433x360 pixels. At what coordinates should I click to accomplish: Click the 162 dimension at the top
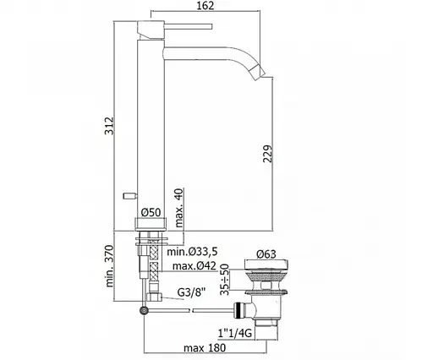(205, 6)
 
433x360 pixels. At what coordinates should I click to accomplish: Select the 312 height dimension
(109, 126)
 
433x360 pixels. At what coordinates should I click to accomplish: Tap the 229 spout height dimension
(268, 154)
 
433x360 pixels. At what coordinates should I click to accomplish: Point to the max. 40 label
(179, 208)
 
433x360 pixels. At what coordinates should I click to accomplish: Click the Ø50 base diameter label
(151, 212)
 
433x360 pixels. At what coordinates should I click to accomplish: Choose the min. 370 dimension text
(109, 266)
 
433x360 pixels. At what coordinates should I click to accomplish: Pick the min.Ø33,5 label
(192, 251)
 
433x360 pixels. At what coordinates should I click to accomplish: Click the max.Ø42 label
(195, 265)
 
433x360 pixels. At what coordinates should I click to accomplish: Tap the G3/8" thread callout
(192, 292)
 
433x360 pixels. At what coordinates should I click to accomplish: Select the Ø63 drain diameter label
(266, 254)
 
